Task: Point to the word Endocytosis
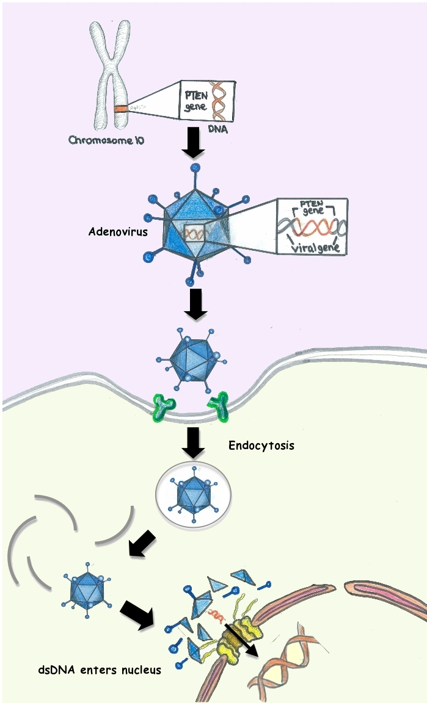pyautogui.click(x=261, y=445)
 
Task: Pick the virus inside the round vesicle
pyautogui.click(x=194, y=492)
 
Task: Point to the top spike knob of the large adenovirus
pyautogui.click(x=195, y=167)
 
